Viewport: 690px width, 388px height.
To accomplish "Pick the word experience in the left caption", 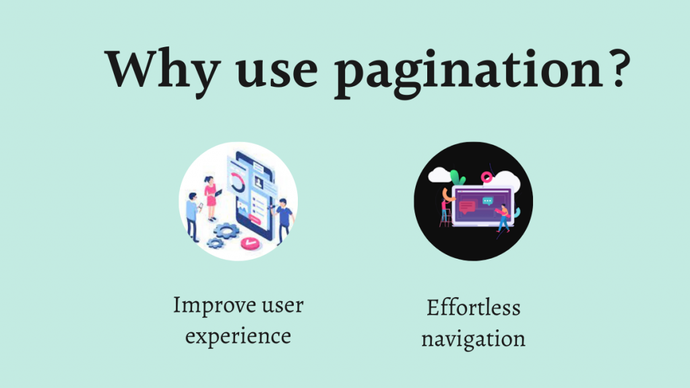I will (x=238, y=335).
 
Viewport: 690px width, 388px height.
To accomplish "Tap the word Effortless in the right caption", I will (x=473, y=308).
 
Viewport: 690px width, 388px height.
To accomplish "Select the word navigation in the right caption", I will (x=473, y=337).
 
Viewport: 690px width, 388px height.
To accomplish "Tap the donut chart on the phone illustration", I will (x=237, y=182).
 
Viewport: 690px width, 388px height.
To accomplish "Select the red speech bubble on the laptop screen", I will (x=467, y=206).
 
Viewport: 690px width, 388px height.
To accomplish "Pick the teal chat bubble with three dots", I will (x=488, y=200).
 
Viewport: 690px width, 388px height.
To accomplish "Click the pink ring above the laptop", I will (x=486, y=176).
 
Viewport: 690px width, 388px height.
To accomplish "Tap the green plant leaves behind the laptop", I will (x=458, y=178).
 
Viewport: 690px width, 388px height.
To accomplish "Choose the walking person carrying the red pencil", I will (x=502, y=218).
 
